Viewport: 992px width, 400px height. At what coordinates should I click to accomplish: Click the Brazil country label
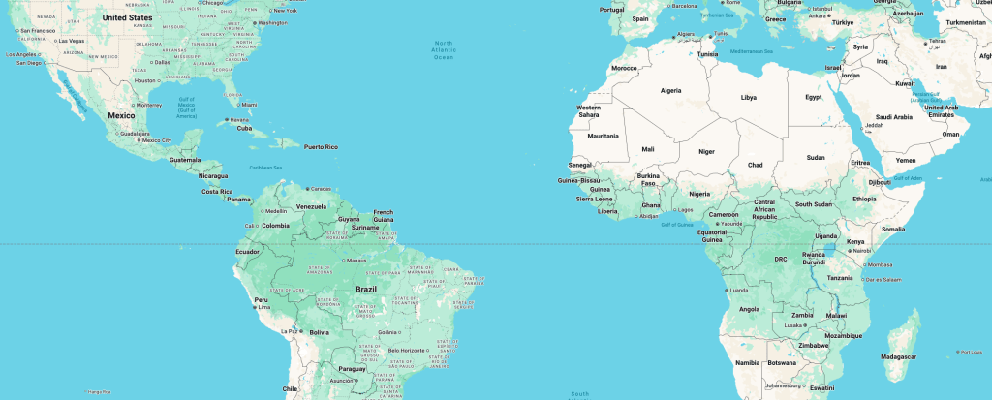pyautogui.click(x=366, y=289)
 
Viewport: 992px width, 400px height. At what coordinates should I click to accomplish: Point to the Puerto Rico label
pyautogui.click(x=321, y=147)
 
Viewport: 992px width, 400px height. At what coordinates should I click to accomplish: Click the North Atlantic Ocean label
pyautogui.click(x=444, y=50)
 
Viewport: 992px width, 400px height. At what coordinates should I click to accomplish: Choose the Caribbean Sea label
pyautogui.click(x=264, y=168)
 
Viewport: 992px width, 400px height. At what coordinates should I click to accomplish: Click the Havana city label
pyautogui.click(x=240, y=120)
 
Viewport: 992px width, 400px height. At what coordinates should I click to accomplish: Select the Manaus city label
pyautogui.click(x=356, y=261)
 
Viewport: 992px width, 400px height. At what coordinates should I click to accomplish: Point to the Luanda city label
pyautogui.click(x=737, y=290)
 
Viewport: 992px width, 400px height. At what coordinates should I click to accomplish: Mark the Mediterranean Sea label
pyautogui.click(x=752, y=50)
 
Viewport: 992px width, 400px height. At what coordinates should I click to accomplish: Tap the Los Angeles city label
pyautogui.click(x=23, y=54)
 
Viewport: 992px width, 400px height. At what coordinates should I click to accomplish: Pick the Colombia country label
pyautogui.click(x=276, y=226)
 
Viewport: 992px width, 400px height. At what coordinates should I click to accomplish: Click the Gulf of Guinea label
pyautogui.click(x=677, y=225)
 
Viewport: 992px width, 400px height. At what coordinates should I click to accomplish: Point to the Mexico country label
pyautogui.click(x=121, y=115)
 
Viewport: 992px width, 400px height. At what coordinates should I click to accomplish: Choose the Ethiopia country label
pyautogui.click(x=864, y=199)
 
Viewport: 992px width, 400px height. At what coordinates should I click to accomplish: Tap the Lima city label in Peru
pyautogui.click(x=262, y=307)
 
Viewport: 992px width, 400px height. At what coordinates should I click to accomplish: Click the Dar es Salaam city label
pyautogui.click(x=885, y=279)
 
